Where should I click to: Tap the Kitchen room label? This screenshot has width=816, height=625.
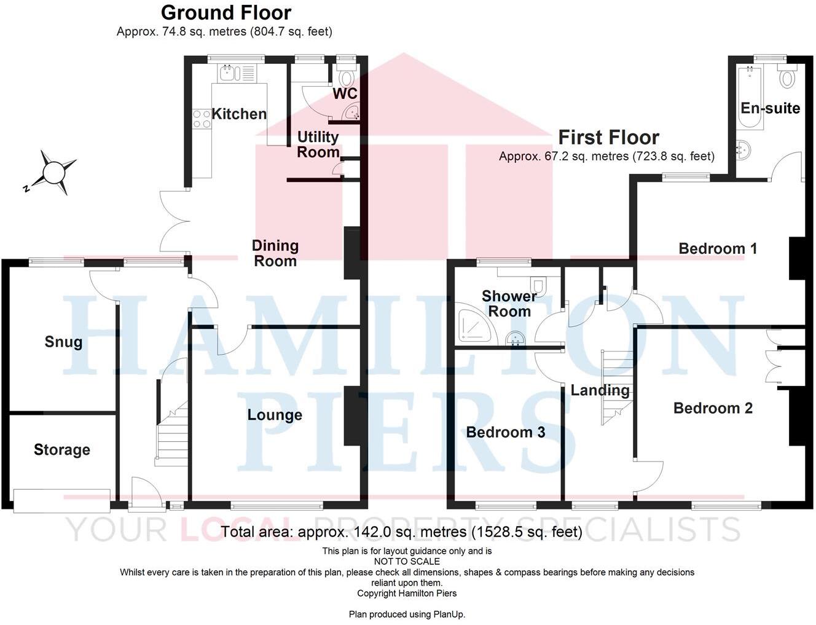[x=239, y=114]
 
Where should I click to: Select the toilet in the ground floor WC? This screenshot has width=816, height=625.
[x=347, y=78]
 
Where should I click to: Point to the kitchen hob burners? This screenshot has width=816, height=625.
[x=201, y=119]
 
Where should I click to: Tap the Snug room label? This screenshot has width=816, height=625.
[x=63, y=342]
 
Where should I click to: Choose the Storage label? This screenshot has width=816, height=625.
[x=61, y=450]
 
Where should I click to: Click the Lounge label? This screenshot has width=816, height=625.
[x=275, y=415]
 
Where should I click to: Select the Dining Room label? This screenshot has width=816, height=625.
[x=275, y=253]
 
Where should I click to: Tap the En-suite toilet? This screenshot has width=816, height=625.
[x=787, y=77]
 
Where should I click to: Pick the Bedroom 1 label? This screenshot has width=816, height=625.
[x=718, y=248]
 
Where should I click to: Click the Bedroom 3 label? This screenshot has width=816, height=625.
[x=505, y=432]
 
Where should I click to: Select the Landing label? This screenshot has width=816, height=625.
[x=600, y=390]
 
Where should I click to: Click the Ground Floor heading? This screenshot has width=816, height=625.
[x=226, y=12]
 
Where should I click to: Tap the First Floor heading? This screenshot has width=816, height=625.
[x=608, y=137]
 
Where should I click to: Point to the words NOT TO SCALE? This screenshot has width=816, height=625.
[x=407, y=562]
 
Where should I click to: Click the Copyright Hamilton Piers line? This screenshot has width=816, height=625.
[x=407, y=594]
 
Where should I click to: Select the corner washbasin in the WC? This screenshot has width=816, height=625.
[x=353, y=112]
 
